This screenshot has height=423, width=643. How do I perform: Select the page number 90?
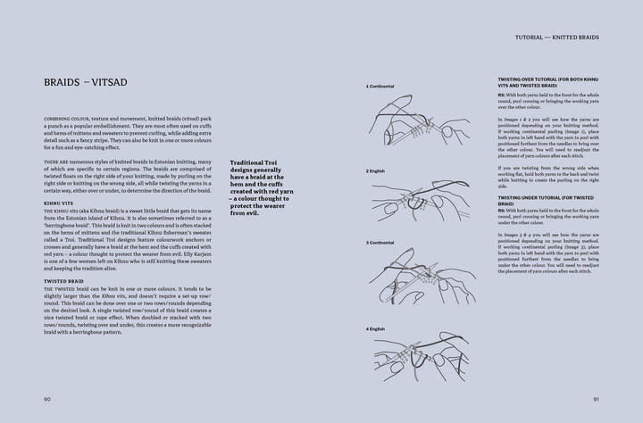(47, 399)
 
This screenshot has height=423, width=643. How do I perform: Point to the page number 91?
(594, 399)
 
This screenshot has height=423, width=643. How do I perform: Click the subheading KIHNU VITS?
(60, 203)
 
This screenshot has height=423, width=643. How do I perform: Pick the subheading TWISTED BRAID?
(63, 281)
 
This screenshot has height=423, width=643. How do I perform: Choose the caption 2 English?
(376, 170)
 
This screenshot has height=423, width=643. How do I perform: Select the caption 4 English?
(376, 328)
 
